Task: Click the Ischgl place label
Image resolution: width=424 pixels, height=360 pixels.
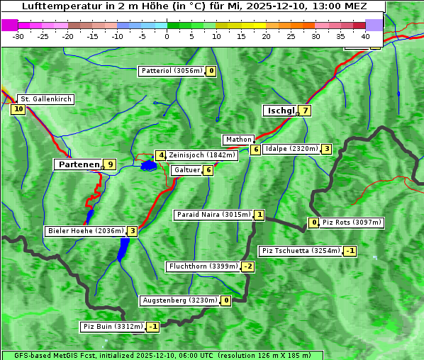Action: point(280,111)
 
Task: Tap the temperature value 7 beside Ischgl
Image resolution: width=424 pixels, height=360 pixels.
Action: point(304,111)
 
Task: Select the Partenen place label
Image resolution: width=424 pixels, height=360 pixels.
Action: point(78,164)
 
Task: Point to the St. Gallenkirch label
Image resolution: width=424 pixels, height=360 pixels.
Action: point(45,99)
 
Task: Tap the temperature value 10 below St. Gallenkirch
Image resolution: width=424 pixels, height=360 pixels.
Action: point(18,109)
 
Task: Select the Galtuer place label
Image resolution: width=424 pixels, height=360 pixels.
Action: point(187,170)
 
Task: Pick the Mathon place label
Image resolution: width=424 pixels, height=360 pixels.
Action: point(238,140)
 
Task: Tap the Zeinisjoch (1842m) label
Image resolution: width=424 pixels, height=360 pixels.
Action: point(202,155)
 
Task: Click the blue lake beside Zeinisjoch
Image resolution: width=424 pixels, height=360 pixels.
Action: point(148,165)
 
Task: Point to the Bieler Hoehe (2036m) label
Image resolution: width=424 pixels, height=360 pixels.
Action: point(85,231)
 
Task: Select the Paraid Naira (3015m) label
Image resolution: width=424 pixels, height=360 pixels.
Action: point(213,215)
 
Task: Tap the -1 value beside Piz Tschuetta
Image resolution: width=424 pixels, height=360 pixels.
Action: point(350,251)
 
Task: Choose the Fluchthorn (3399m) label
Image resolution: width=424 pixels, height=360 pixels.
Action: point(203,266)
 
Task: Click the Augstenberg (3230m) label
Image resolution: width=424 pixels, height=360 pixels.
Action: point(180,300)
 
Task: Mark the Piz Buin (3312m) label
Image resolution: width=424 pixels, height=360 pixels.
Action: point(113,327)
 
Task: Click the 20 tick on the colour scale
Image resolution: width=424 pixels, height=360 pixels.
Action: point(266,35)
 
